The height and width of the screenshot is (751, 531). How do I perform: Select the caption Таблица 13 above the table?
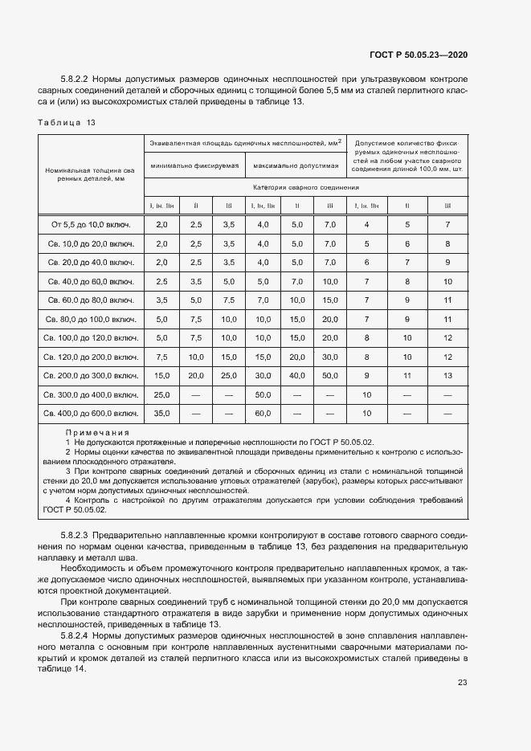[67, 122]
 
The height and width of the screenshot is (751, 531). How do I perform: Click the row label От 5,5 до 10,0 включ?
[91, 224]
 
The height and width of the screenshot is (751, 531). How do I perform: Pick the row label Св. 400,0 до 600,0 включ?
[91, 414]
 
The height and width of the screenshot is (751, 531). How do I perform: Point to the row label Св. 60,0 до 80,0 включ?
[91, 300]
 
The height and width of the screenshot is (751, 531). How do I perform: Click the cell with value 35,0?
[161, 414]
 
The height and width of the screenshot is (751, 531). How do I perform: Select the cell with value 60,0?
[263, 414]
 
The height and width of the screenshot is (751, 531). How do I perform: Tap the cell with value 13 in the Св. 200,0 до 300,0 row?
[447, 376]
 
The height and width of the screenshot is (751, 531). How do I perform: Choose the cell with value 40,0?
[296, 376]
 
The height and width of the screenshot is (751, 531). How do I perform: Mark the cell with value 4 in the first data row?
[366, 224]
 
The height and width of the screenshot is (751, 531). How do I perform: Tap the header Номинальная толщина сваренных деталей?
[91, 174]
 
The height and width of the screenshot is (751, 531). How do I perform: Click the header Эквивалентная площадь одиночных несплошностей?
[245, 142]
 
